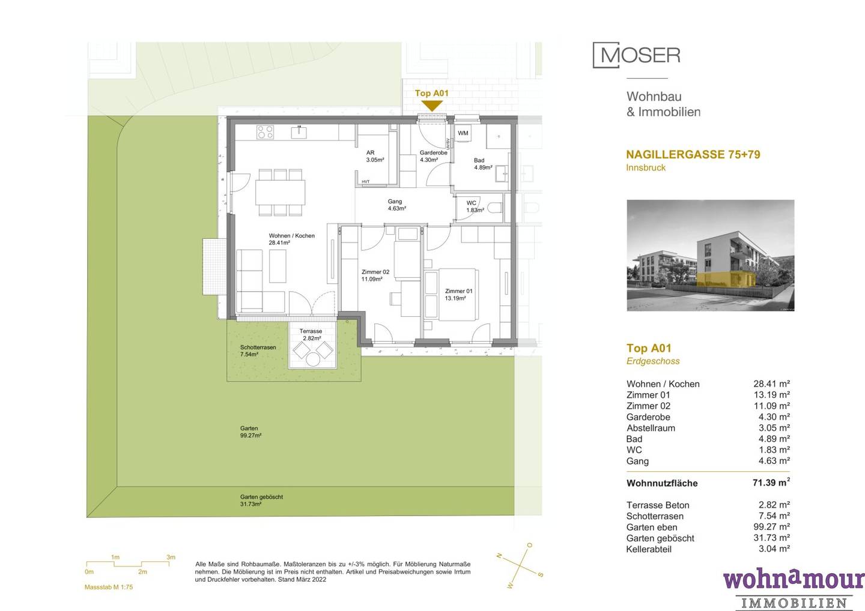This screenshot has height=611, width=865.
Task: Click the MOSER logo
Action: point(636,55)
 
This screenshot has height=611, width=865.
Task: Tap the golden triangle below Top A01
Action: point(432,105)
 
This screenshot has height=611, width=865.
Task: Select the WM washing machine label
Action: point(463,133)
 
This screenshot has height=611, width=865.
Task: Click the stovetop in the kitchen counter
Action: point(266,132)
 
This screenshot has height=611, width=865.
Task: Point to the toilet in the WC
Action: point(495,208)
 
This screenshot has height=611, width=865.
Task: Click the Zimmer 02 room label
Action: point(375,275)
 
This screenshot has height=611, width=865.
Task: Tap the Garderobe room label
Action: point(433,156)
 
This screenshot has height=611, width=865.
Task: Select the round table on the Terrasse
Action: point(313,360)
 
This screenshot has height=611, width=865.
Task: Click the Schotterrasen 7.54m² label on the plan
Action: point(258,351)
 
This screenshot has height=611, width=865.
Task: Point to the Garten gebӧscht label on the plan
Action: point(261,501)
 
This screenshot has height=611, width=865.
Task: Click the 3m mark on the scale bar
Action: point(171,557)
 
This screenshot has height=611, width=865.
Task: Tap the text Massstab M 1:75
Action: point(109,587)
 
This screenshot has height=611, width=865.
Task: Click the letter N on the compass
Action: point(499,556)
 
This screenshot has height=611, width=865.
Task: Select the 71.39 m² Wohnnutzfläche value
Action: point(771,482)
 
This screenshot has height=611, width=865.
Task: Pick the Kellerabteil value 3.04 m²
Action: point(774,549)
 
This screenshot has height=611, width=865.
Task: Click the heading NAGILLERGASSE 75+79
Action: point(693,154)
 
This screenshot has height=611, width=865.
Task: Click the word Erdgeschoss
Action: point(653,361)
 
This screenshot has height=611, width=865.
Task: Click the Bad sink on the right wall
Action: point(503,173)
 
